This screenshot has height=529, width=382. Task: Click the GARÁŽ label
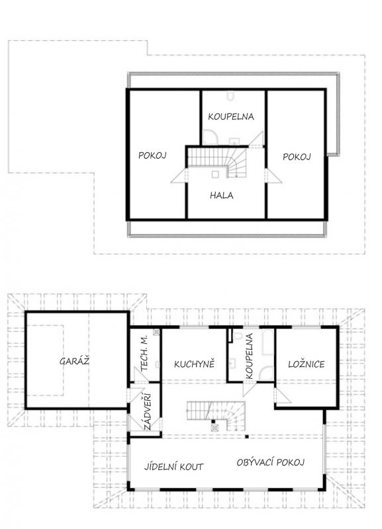coord(74,361)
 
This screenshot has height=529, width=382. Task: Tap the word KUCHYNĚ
coord(194,364)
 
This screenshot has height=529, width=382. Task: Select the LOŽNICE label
coord(307,364)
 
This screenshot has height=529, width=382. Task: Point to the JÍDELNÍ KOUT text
coord(174,467)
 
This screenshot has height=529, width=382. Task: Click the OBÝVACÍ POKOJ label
coord(271,462)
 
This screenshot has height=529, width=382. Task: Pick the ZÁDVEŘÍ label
coord(147,412)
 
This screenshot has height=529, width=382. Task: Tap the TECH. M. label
coord(144,353)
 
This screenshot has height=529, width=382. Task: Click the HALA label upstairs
coord(222,195)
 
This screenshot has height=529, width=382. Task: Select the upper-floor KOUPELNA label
coord(231,117)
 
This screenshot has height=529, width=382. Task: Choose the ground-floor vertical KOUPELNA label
coord(250,356)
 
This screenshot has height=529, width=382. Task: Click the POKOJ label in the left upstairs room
coord(152,155)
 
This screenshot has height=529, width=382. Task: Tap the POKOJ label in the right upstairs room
coord(297,157)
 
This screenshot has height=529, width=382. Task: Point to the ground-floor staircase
coord(216,416)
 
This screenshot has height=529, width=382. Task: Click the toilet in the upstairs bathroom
coord(230,96)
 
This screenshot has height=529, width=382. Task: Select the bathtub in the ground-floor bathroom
coord(268,342)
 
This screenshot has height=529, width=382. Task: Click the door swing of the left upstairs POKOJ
coord(178,176)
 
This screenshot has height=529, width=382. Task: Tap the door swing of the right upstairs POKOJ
coord(273,176)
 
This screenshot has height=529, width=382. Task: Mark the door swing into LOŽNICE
coord(283,395)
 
